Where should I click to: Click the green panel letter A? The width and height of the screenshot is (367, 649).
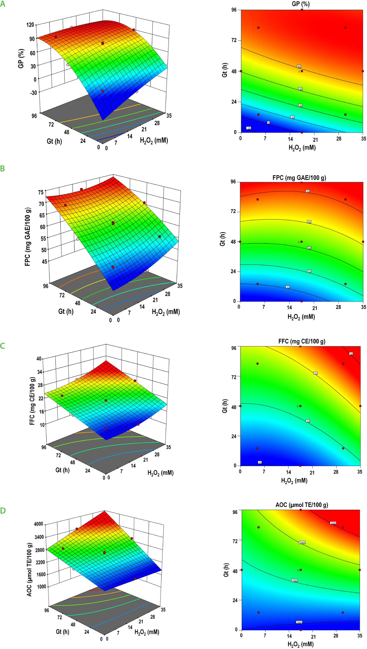point(3,4)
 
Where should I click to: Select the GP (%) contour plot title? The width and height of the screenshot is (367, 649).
point(300,4)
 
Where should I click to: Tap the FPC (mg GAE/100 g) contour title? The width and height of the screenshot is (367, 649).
point(299,178)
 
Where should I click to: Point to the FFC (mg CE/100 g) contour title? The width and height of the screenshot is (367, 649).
point(302,341)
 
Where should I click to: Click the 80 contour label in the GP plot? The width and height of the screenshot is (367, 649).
point(299,67)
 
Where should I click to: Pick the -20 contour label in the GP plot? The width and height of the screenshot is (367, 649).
point(249,128)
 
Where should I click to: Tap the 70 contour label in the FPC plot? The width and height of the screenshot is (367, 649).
point(307,191)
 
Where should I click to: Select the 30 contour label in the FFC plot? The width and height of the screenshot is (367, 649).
point(351,354)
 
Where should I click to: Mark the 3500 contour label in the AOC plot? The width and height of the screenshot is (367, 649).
point(333,523)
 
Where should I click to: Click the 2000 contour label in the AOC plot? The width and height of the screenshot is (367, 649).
point(299,622)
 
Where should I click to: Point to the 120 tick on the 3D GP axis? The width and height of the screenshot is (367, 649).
point(30,25)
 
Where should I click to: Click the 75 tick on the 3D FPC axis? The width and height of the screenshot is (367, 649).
point(41,192)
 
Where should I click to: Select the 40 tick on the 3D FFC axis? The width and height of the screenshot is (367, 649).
point(39,359)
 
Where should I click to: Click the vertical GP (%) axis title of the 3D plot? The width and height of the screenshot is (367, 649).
point(21,58)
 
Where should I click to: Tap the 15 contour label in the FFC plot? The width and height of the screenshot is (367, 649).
point(260,463)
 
